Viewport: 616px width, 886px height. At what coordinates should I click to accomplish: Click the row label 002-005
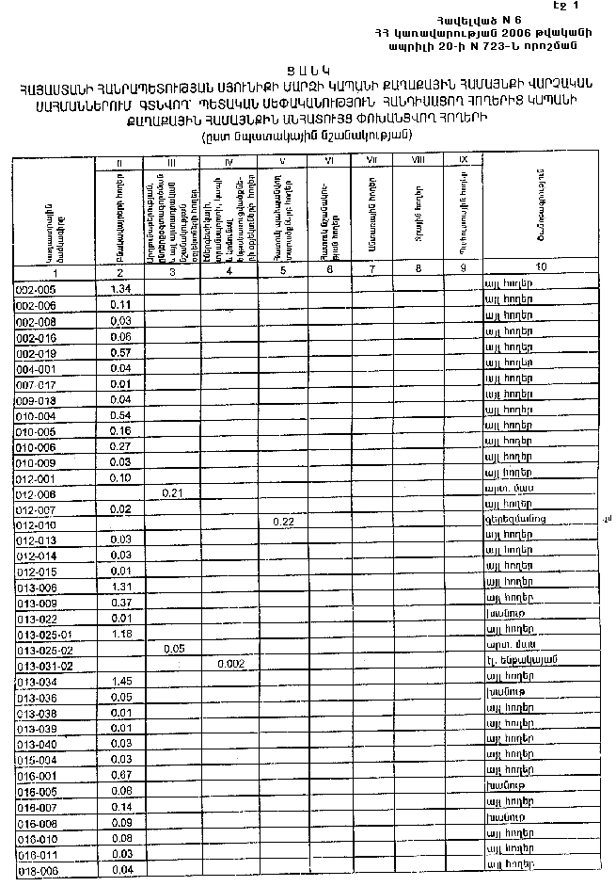coord(36,290)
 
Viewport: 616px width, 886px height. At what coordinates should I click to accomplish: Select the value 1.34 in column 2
coord(118,288)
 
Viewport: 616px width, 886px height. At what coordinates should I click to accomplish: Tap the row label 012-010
coord(37,524)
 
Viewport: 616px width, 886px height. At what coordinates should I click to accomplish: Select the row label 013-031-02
coord(44,666)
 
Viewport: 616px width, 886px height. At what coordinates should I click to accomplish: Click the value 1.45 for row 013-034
coord(119,680)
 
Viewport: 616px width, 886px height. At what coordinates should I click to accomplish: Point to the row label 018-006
coord(37,872)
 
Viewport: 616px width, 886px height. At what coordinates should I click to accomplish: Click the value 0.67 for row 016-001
coord(119,774)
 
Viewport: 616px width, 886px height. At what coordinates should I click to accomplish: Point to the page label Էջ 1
coord(592,7)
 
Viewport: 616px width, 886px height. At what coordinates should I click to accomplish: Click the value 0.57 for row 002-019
coord(119,352)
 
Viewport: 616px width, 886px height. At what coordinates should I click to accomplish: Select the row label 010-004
coord(36,415)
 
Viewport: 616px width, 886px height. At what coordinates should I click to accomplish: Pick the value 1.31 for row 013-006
coord(119,586)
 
